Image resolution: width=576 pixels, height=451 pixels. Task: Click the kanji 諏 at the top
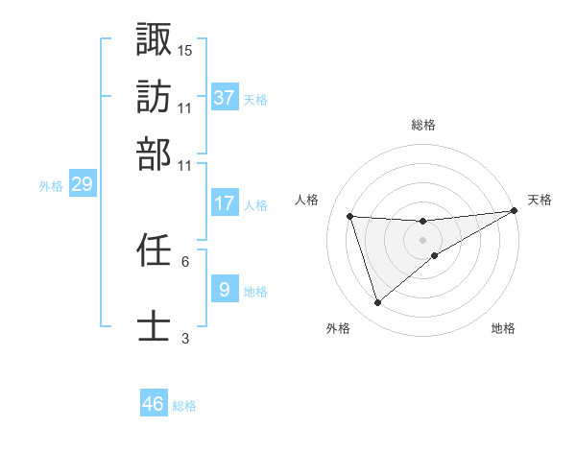154,39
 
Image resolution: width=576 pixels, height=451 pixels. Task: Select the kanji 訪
154,97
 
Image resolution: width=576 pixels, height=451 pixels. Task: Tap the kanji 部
154,154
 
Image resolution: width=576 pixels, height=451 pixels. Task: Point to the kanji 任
154,250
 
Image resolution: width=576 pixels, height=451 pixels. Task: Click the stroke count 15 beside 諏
185,50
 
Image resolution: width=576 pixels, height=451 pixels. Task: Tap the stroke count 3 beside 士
185,338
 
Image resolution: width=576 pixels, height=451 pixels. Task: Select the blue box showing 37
225,98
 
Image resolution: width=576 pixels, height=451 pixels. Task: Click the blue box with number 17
225,203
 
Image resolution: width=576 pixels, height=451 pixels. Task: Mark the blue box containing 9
225,290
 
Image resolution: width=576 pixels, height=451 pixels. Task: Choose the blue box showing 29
82,184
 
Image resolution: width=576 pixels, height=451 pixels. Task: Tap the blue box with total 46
154,404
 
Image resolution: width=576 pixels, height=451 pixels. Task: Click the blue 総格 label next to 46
184,406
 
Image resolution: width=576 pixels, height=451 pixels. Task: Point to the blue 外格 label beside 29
51,186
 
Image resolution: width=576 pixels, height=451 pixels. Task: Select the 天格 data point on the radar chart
514,212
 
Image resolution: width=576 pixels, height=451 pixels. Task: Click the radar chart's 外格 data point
377,303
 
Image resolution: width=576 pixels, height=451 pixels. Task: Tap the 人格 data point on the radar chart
350,216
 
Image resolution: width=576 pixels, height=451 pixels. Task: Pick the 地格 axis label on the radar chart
503,329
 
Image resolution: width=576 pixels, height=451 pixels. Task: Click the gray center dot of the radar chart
423,239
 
